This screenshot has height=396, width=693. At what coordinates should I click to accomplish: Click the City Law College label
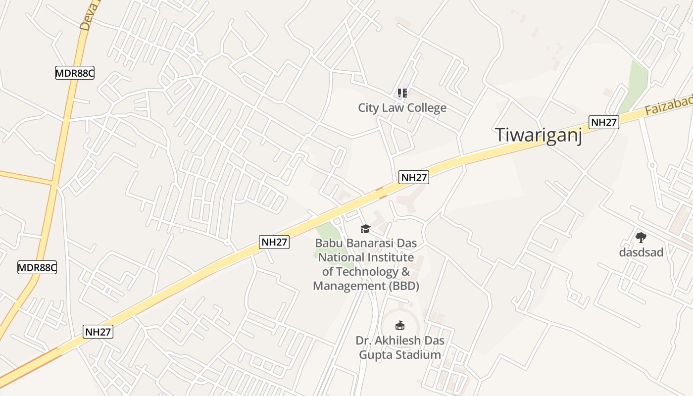click(x=402, y=108)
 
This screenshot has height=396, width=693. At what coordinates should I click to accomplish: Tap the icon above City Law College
click(x=402, y=93)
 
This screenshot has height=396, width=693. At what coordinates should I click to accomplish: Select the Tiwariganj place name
click(x=539, y=135)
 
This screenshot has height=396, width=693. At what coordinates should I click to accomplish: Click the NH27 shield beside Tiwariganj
click(x=604, y=122)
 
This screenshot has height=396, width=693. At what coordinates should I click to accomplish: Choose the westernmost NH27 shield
click(x=99, y=332)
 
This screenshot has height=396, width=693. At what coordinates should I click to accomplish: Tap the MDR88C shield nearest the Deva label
click(x=74, y=73)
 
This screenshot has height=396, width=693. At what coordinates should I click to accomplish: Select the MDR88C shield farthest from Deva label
click(x=37, y=268)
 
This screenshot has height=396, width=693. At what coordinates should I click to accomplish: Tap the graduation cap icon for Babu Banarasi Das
click(x=365, y=228)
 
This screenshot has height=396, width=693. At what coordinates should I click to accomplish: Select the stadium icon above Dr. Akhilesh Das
click(x=399, y=325)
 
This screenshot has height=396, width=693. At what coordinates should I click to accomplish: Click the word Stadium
click(x=420, y=355)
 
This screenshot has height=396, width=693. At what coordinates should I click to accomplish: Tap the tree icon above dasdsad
click(x=641, y=238)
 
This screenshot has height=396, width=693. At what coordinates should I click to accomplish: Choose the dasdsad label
click(x=641, y=252)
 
